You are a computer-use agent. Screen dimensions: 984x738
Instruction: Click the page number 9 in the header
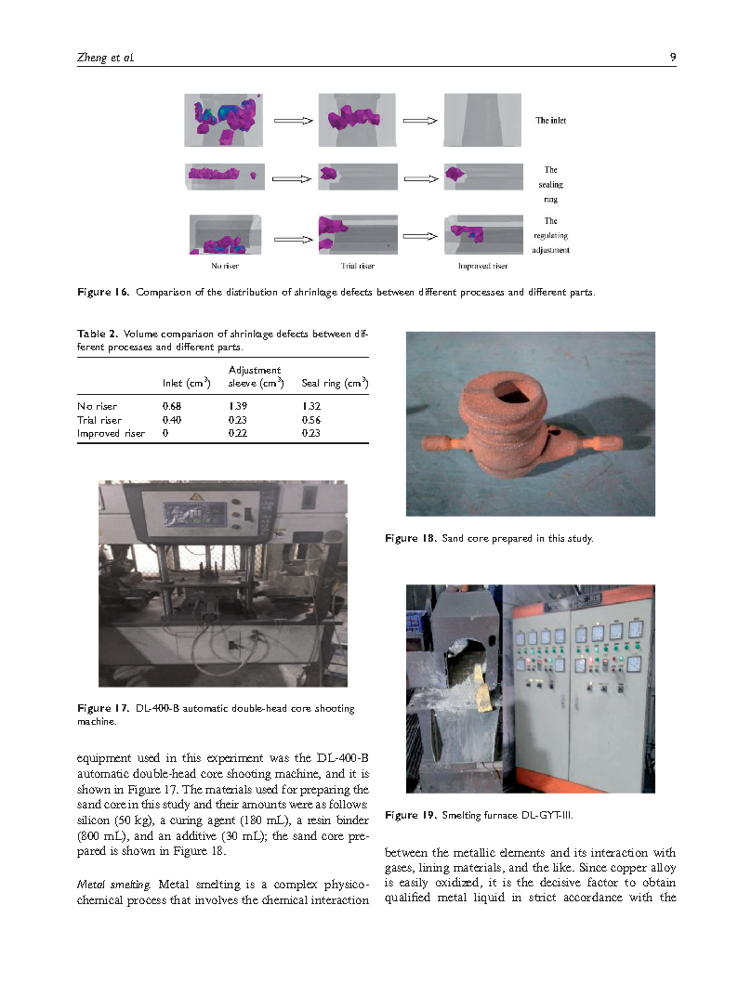pos(672,58)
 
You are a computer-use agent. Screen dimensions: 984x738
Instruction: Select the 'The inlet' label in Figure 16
pos(550,121)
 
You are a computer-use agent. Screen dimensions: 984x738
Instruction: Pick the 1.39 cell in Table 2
pos(238,406)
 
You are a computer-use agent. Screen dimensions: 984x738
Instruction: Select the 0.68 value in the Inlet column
pos(172,406)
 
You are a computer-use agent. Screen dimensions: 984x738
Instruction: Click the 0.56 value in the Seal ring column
pos(311,420)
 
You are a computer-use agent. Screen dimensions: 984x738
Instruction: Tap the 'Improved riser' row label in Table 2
pos(111,433)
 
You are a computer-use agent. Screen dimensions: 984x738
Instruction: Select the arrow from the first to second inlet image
pos(294,120)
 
